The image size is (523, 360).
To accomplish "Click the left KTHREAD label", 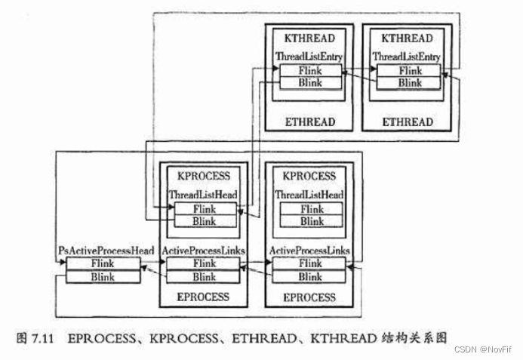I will coord(309,38).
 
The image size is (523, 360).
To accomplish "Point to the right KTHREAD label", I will coord(407,38).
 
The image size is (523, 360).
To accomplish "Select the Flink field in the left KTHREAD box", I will coord(309,70).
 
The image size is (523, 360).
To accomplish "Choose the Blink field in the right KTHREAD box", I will coord(408,82).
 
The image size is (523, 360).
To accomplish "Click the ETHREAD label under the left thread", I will coord(309,122).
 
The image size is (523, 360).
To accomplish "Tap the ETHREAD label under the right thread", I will coord(408,122).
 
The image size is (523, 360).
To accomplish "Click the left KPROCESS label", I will coord(204,177).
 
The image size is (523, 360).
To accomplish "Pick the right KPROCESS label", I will coord(309,177).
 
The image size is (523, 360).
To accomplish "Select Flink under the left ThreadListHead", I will coord(204,209).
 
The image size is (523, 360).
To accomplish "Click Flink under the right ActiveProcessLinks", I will coord(309,264).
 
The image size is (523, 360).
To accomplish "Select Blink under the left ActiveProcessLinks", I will coord(204,277).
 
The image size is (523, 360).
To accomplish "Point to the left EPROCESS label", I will coord(203,297).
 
